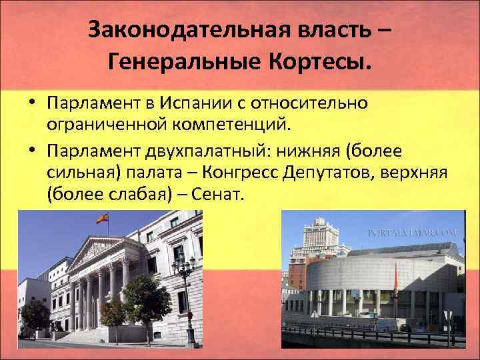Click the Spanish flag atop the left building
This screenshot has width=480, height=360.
tap(102, 218)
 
